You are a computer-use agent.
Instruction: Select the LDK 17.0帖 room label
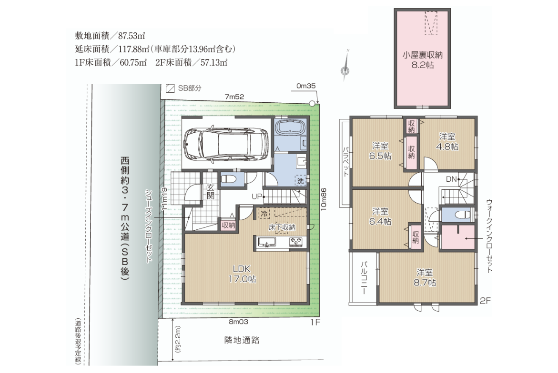[242, 274]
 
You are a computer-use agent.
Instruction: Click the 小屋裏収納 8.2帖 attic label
[422, 59]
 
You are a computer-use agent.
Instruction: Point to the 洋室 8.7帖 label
[425, 277]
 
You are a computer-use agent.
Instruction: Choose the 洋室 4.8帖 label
[447, 141]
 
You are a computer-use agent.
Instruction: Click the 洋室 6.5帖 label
[380, 151]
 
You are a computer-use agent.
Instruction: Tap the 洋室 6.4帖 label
[380, 216]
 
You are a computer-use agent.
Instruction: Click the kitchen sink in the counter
[266, 243]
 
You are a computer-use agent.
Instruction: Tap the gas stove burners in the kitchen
[296, 242]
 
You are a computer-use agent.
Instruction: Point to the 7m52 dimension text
[234, 96]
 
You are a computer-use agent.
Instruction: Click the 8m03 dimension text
[238, 322]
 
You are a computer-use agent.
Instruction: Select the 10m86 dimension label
[324, 199]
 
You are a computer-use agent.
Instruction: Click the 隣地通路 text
[242, 340]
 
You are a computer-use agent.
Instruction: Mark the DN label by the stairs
[451, 179]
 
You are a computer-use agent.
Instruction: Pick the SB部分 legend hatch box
[171, 88]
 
